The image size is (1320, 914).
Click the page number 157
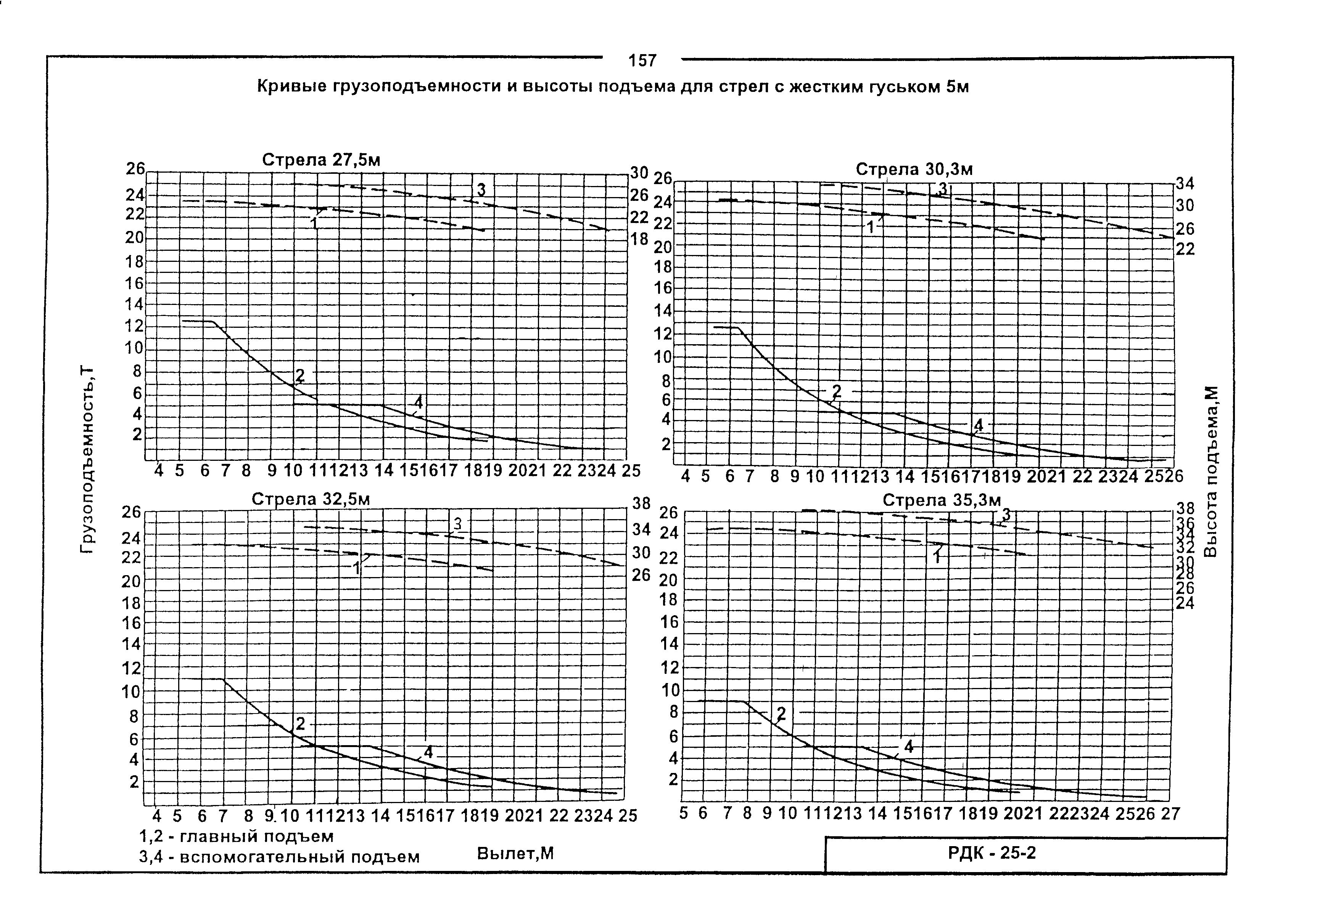click(642, 60)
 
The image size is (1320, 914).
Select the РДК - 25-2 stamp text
click(992, 853)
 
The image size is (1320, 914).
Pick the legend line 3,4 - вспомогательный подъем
click(279, 857)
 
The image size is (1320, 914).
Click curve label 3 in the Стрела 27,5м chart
click(481, 189)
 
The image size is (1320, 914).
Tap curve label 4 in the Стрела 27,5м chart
click(419, 402)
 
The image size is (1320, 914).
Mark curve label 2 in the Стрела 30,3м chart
click(837, 391)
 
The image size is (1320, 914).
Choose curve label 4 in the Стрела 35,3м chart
click(908, 746)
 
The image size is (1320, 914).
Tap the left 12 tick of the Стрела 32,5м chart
click(131, 668)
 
